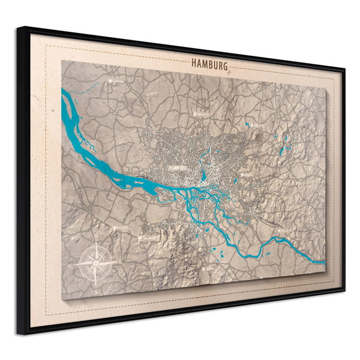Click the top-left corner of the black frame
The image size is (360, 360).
tap(18, 28)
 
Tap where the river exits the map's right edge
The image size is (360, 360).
tap(324, 262)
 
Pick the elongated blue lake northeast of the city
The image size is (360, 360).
tap(286, 142)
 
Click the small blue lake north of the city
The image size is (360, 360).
tap(246, 125)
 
